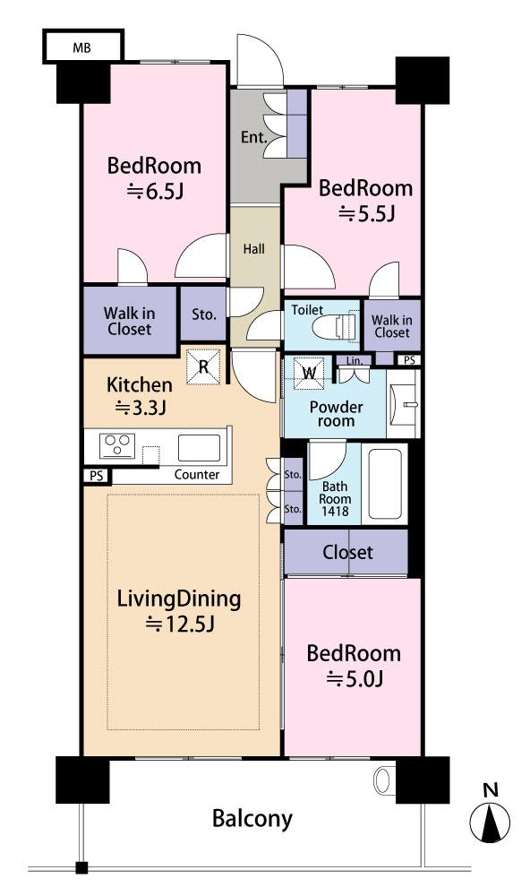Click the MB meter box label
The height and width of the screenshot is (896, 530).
coord(81,48)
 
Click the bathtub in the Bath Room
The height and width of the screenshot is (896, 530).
coord(385,484)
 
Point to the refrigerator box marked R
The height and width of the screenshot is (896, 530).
coord(203,366)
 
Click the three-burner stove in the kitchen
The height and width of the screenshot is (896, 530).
coord(117,446)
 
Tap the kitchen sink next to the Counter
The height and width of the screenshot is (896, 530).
coord(199,447)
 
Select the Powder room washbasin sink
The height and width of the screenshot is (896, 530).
coord(403,404)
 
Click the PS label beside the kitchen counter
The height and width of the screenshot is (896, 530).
coord(97,476)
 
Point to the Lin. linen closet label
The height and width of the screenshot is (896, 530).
coord(355,360)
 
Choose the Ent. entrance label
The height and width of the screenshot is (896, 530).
coord(253,137)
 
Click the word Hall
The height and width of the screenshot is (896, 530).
coord(253,248)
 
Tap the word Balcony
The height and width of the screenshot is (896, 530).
coord(252,818)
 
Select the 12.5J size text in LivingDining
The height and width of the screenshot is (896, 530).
coord(180,623)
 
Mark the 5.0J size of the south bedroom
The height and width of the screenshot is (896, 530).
coord(355,679)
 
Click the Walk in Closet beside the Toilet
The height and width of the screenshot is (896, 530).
coord(392,326)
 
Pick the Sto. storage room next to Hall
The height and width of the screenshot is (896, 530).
coord(203,314)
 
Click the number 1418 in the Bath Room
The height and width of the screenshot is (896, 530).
coord(335,512)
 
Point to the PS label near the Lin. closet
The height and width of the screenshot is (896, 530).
coord(409,360)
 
